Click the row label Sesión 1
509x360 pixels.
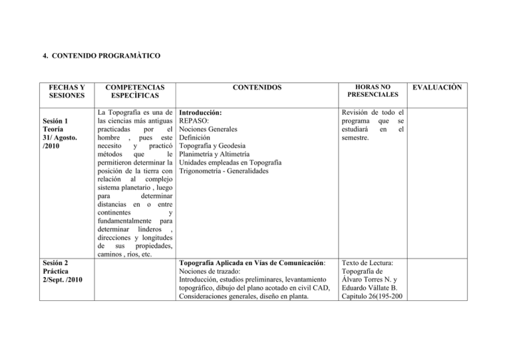(53, 121)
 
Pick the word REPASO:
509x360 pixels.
(196, 123)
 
